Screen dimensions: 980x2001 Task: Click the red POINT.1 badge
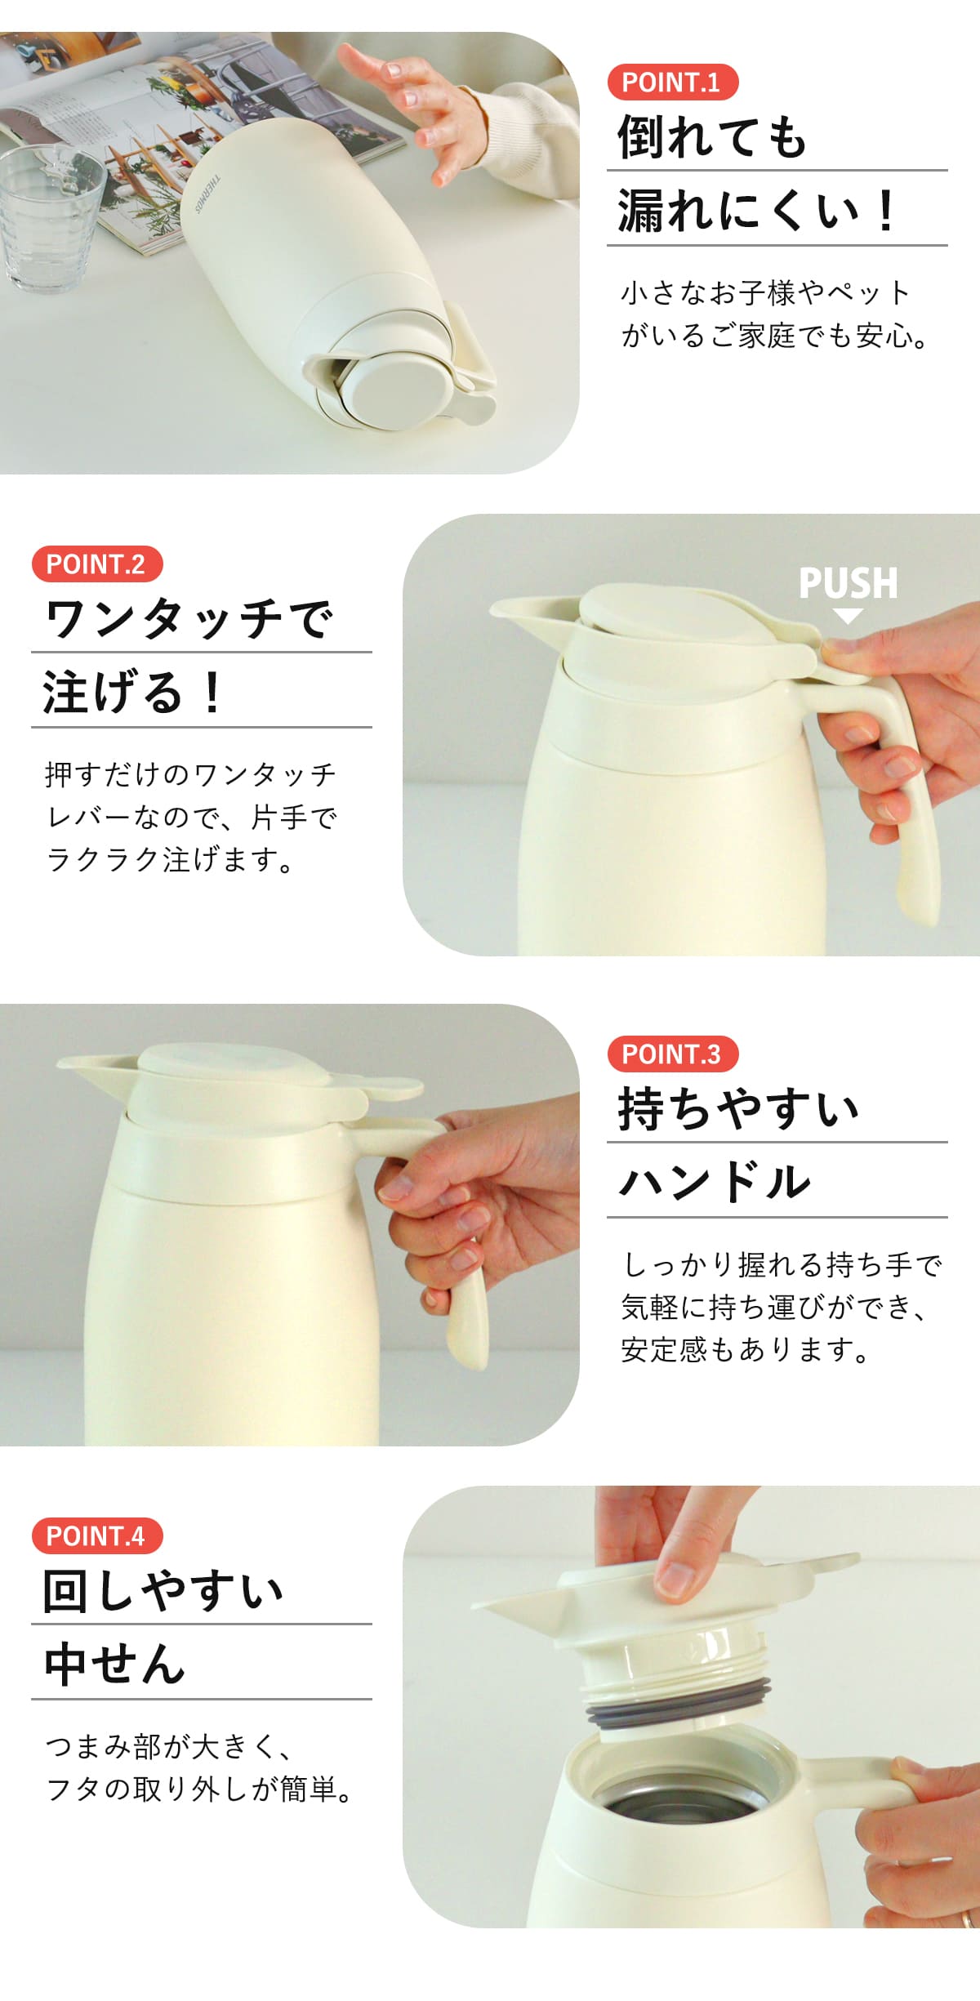click(x=673, y=82)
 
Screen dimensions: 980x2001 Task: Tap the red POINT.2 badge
click(x=97, y=564)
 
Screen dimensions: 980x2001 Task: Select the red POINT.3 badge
click(x=673, y=1054)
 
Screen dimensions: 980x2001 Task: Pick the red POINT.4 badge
click(x=97, y=1536)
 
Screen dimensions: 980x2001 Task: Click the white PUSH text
click(x=849, y=583)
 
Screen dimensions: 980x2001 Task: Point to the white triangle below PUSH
click(x=849, y=616)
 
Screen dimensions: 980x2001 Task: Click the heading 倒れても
click(x=712, y=136)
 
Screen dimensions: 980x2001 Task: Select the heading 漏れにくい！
click(x=757, y=211)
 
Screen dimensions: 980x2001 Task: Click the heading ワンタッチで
click(x=189, y=618)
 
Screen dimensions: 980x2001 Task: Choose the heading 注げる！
click(x=132, y=693)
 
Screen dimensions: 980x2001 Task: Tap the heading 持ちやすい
click(x=738, y=1108)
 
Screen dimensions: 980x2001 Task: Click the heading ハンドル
click(x=715, y=1183)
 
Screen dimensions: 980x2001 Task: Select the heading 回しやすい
click(x=163, y=1590)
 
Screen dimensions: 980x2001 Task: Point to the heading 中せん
click(x=114, y=1665)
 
